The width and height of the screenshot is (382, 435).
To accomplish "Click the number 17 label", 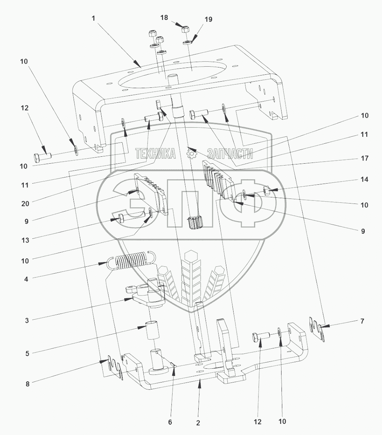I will coord(364,158).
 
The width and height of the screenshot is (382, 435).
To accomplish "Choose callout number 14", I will coord(364,179).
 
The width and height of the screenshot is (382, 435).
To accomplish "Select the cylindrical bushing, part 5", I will coord(152,331).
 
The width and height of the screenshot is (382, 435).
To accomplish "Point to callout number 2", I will coord(198,423).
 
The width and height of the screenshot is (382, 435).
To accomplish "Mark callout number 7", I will coord(362,321).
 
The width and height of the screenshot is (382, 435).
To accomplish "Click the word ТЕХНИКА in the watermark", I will coord(155,154).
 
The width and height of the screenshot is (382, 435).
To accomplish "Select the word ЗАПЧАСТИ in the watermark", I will coord(230,154).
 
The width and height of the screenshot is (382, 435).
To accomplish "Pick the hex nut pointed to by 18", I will coord(184,29).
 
